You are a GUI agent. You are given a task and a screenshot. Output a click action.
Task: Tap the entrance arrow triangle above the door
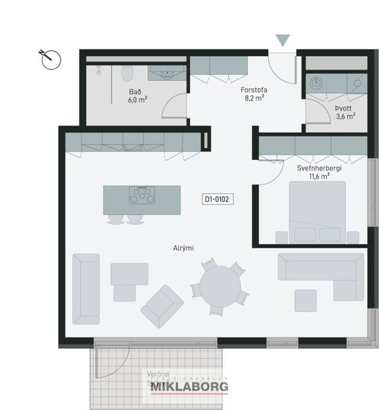(x=283, y=41)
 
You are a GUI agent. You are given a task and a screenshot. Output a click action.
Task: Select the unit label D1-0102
(x=219, y=198)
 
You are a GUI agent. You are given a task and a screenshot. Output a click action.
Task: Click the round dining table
(x=220, y=288)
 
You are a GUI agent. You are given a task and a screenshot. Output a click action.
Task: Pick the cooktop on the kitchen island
(x=142, y=196)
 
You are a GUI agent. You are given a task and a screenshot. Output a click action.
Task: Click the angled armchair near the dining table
(x=162, y=306)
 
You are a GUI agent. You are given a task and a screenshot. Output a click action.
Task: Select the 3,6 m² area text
(x=345, y=116)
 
